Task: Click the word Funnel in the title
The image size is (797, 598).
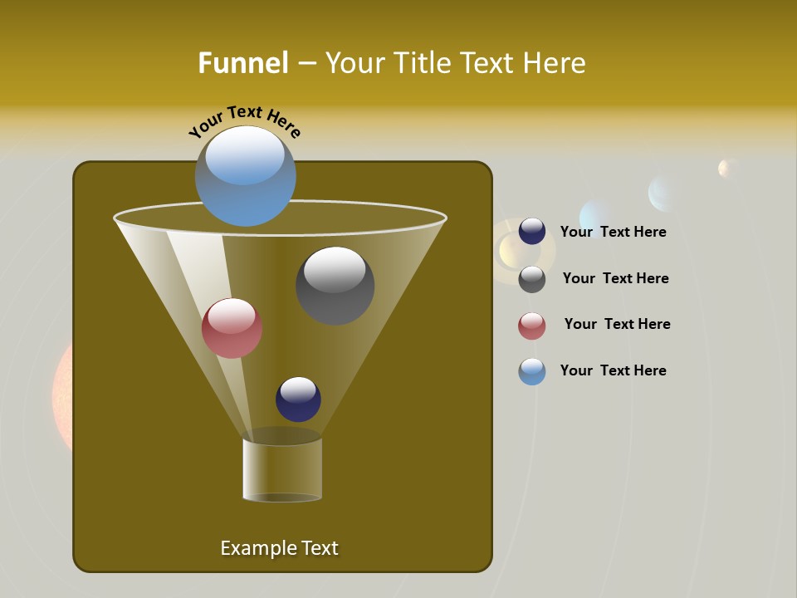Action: tap(242, 63)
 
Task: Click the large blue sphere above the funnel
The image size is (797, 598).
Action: tap(245, 176)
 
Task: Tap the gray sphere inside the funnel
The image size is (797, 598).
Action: tap(335, 286)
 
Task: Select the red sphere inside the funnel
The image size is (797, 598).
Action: tap(232, 328)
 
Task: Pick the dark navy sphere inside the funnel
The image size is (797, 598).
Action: tap(298, 399)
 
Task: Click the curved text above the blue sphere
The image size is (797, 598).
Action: tap(245, 121)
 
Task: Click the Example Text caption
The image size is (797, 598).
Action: tap(279, 548)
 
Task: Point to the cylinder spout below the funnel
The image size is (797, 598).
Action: tap(282, 469)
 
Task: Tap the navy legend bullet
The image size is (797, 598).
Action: tap(532, 232)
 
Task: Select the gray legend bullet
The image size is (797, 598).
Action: tap(532, 279)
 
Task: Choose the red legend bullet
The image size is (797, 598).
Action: tap(532, 326)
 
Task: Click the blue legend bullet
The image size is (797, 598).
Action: tap(532, 371)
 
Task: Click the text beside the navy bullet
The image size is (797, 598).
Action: tap(613, 232)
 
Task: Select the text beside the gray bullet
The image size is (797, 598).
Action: tap(615, 278)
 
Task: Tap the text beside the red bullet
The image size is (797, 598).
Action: tap(617, 324)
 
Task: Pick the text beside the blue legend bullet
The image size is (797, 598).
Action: tap(613, 370)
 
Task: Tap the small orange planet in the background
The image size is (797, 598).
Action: tap(727, 168)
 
